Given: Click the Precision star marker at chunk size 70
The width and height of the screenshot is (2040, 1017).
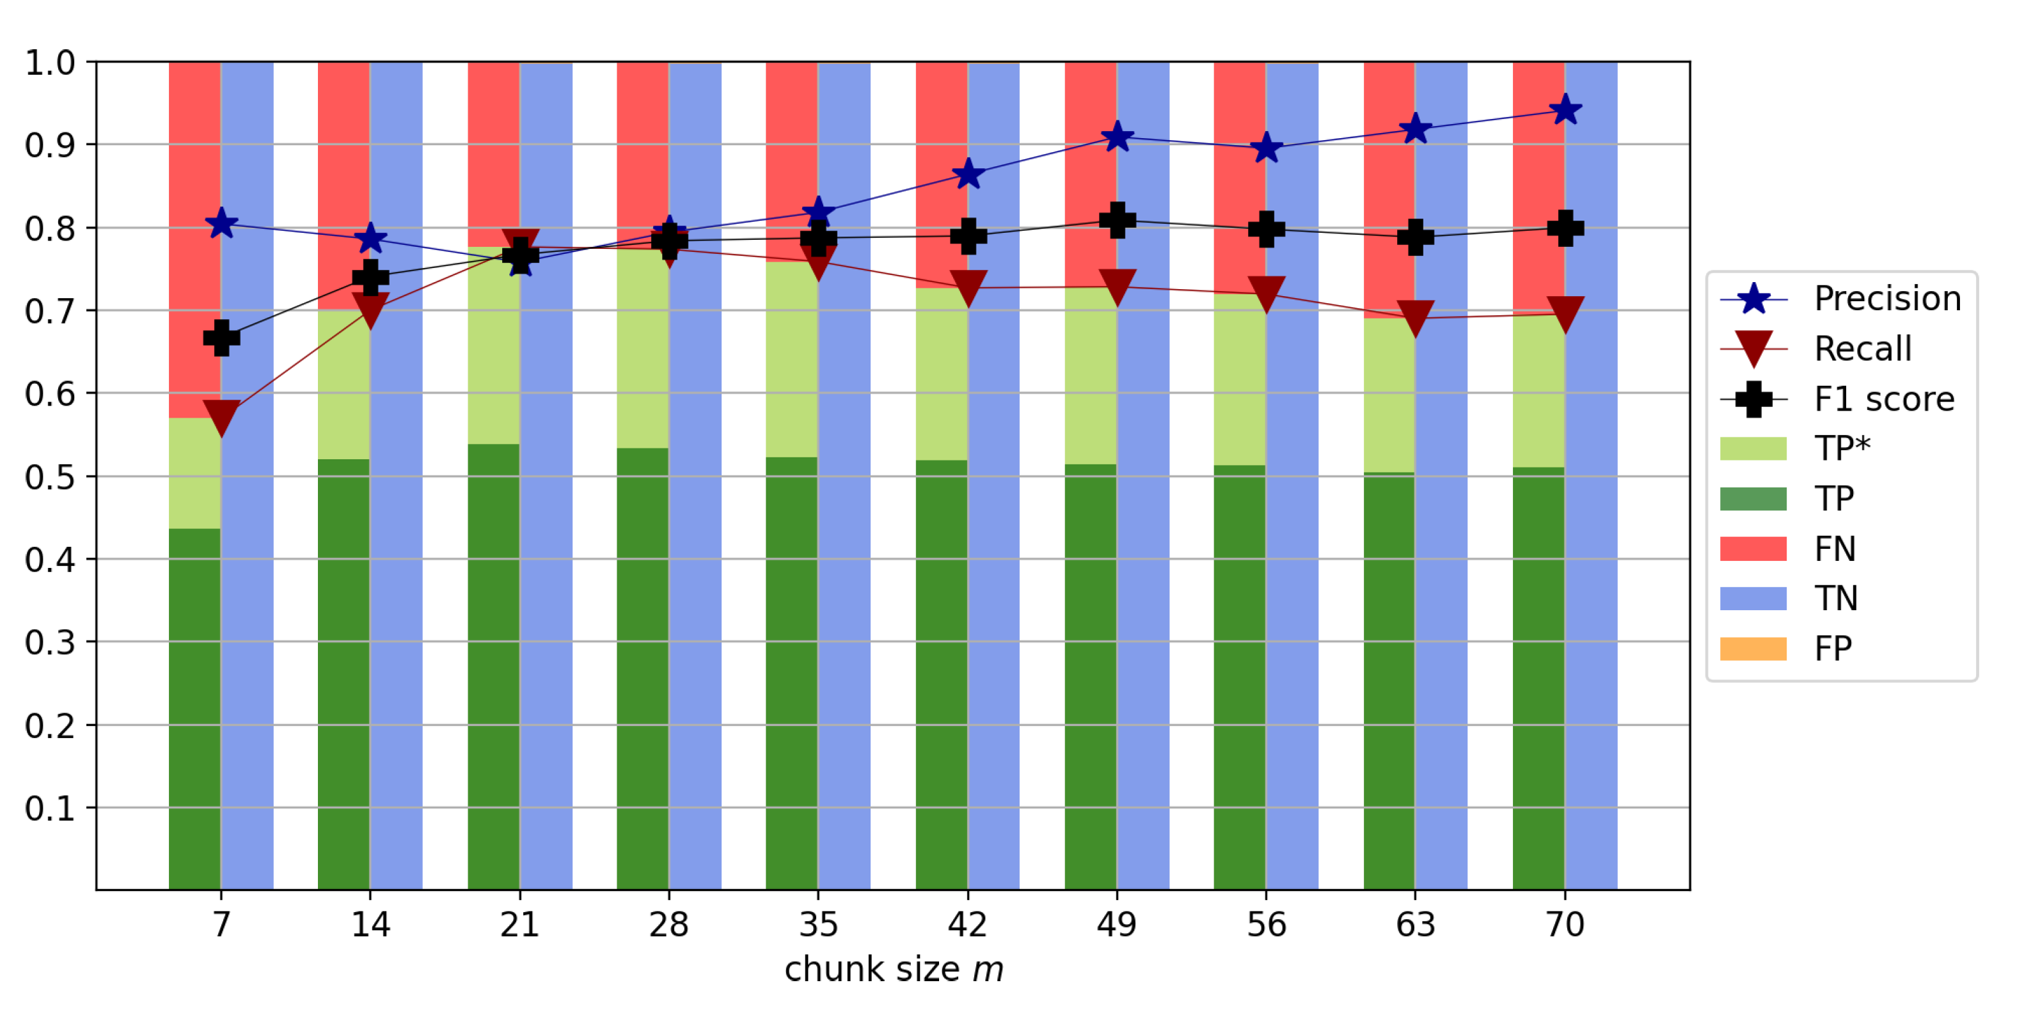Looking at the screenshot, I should pos(1565,110).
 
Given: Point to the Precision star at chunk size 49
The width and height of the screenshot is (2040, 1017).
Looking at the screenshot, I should pos(1117,137).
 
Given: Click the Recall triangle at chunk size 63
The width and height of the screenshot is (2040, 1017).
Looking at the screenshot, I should pos(1415,317).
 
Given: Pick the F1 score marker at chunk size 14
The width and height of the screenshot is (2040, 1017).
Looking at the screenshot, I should pos(370,276).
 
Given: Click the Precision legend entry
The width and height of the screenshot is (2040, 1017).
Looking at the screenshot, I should pos(1887,299).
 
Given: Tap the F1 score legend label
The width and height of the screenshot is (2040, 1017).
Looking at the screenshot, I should pos(1884,399).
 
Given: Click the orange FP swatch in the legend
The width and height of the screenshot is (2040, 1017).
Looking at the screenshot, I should pos(1753,649).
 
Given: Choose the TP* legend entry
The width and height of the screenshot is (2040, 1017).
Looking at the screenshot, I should pos(1841,448).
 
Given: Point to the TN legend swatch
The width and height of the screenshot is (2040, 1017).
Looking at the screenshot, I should pos(1753,599).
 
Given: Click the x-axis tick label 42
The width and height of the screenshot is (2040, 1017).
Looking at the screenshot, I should pos(967,924).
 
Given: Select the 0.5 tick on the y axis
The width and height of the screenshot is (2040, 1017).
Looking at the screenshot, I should pos(49,477).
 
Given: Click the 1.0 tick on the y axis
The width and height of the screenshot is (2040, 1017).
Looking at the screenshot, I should pos(49,63).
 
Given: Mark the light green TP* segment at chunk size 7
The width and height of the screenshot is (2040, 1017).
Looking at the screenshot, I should pos(195,473).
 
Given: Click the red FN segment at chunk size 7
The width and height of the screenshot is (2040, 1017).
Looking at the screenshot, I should pos(195,237).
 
